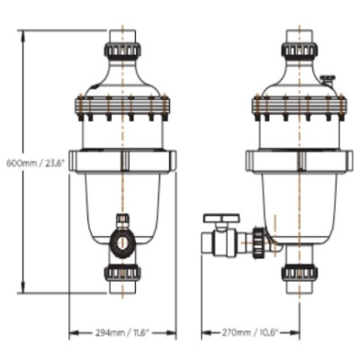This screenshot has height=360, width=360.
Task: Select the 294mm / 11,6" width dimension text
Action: pos(122,332)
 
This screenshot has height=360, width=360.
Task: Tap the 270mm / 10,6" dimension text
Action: pos(250,332)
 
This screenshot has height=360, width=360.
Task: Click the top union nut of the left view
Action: pos(122,49)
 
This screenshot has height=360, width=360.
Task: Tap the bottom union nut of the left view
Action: pos(122,273)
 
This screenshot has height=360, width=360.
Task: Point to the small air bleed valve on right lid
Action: pos(328,80)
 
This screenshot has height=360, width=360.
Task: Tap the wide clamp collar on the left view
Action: pos(122,161)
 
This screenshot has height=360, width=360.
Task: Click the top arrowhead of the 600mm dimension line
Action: pos(20,33)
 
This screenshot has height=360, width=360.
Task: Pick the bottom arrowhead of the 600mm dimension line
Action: pos(20,292)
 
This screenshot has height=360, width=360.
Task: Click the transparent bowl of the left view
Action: pos(122,198)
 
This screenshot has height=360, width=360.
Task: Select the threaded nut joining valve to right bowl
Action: pos(260,239)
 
